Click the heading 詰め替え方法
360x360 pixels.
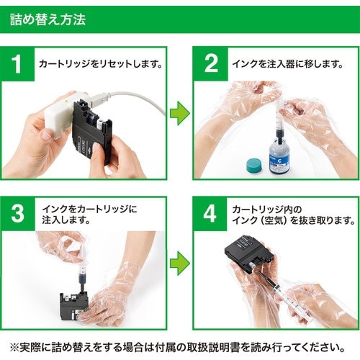48,19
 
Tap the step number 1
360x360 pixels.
17,64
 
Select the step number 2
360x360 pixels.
211,63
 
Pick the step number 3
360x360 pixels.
18,213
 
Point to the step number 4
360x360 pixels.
210,213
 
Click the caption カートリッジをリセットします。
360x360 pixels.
101,64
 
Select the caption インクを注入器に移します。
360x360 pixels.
287,64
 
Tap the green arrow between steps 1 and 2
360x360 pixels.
180,113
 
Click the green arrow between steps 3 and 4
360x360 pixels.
180,263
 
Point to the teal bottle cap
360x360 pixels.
255,165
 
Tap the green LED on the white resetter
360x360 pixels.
66,101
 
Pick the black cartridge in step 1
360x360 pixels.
92,131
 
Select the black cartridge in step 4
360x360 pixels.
250,254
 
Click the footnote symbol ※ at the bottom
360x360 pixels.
14,347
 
